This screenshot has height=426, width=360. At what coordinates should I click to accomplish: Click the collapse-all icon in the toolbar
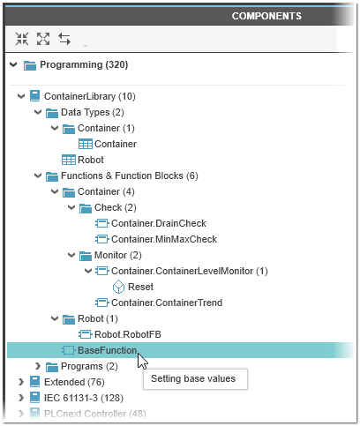point(22,39)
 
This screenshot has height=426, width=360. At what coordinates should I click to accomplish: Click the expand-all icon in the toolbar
point(43,39)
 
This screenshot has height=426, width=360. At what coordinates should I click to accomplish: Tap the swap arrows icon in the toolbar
point(64,39)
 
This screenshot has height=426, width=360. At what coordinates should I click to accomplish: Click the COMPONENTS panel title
point(266,16)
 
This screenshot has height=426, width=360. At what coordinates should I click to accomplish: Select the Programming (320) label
point(84,64)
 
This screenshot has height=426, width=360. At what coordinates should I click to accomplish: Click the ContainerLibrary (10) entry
point(90,96)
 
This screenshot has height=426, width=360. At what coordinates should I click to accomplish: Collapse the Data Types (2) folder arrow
point(38,112)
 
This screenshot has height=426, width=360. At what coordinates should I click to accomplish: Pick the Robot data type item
point(91,160)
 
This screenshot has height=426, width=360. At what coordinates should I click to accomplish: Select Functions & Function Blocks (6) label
point(130,176)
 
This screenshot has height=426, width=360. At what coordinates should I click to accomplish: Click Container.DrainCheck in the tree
point(159,223)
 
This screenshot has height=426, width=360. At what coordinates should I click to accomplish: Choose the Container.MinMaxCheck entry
point(164,239)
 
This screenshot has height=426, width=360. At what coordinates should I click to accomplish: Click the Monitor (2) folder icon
point(86,256)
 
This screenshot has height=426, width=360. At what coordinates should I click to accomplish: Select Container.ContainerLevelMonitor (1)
point(190,271)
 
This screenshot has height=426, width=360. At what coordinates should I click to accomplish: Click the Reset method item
point(140,287)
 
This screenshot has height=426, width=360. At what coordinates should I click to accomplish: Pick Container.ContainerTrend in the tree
point(167,303)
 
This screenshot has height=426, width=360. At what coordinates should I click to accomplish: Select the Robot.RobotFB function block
point(128,334)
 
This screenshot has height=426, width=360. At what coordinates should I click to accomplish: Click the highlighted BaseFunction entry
point(107,350)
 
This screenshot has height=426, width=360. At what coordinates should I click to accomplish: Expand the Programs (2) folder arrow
point(38,366)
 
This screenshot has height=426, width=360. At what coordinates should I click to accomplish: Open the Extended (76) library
point(74,382)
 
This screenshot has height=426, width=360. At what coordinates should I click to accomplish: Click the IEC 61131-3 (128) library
point(84,398)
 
